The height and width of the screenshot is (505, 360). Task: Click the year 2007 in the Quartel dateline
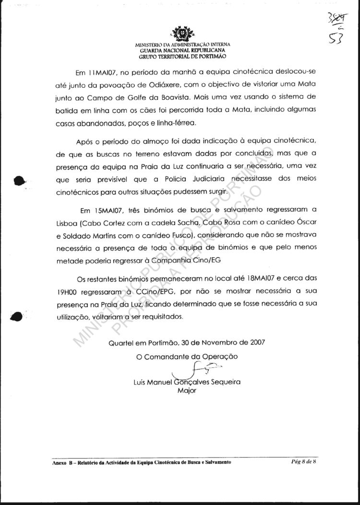point(254,343)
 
